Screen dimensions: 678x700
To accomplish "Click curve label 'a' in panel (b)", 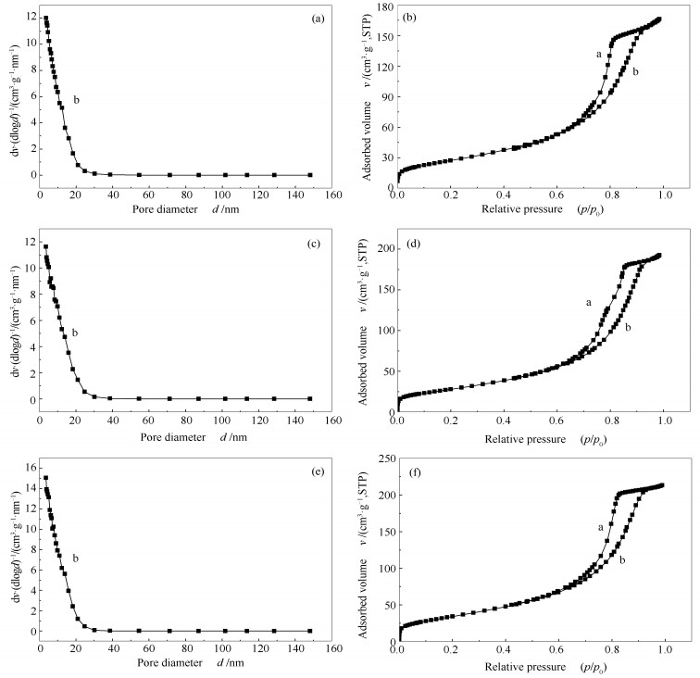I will pos(599,54).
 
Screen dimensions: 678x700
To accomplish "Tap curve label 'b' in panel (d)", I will pos(628,328).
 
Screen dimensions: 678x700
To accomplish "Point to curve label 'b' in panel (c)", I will pos(75,333).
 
